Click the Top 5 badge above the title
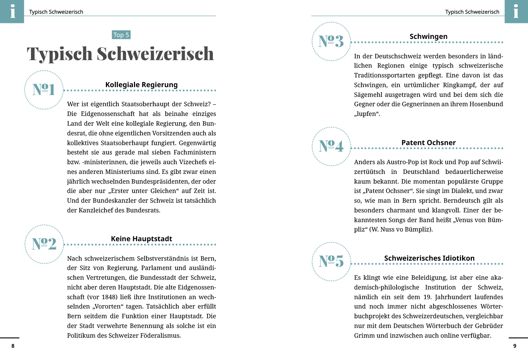point(121,35)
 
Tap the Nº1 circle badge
point(44,90)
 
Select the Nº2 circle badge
point(44,244)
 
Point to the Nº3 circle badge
point(331,41)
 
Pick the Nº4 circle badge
point(331,146)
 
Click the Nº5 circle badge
point(331,261)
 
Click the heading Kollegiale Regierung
point(142,85)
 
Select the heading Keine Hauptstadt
point(142,239)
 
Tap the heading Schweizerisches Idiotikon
point(429,258)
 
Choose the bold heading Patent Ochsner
point(429,143)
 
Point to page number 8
point(13,346)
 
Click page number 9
point(515,346)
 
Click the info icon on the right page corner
point(516,12)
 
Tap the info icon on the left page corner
point(12,12)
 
